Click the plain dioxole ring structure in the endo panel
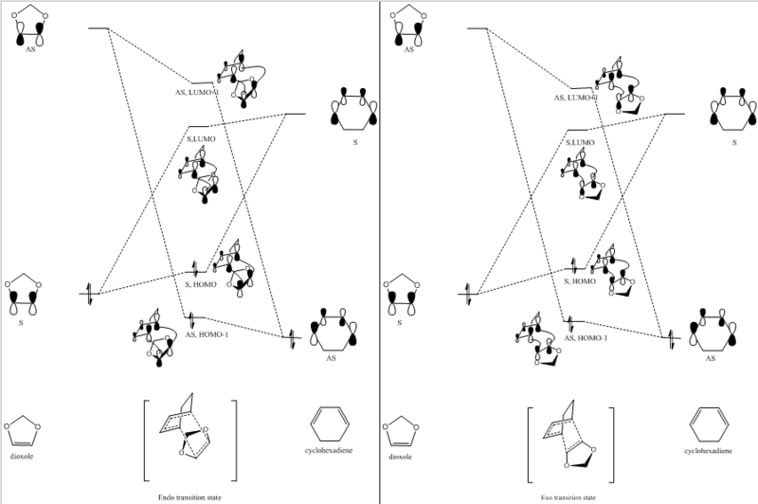point(21,431)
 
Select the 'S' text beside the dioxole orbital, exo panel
point(399,323)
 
